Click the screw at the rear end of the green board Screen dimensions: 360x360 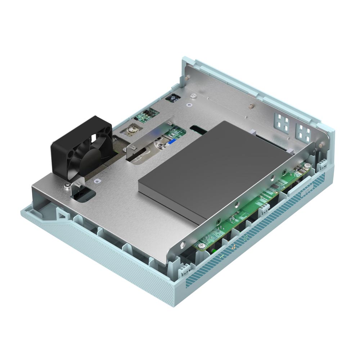(308, 165)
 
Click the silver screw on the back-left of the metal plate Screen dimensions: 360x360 (194, 95)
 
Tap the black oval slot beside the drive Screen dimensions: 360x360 (197, 129)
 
